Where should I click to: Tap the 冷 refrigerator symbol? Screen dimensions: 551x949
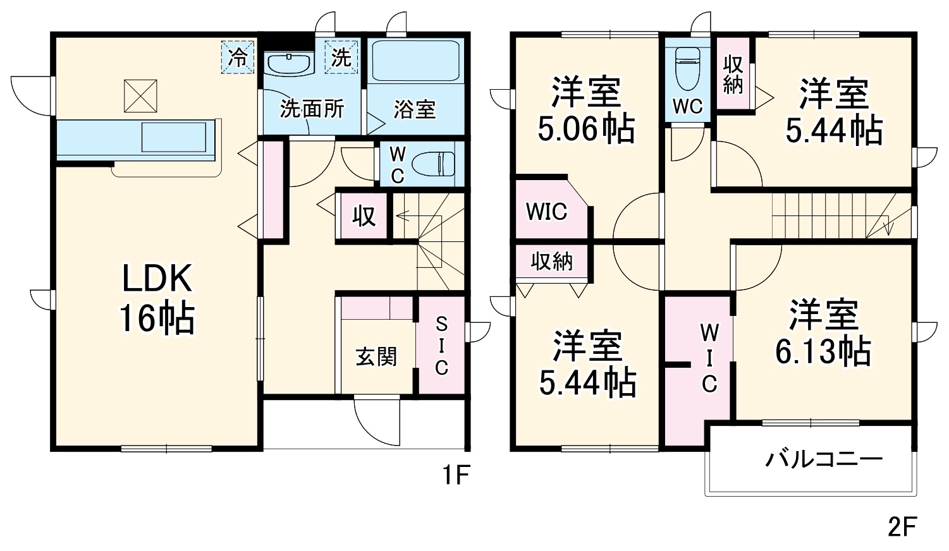[x=238, y=58]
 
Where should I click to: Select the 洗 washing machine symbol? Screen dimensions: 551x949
[x=341, y=58]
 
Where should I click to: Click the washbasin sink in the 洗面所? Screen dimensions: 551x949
[x=288, y=63]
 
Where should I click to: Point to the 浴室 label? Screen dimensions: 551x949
[x=414, y=109]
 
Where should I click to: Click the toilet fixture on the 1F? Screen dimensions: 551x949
[x=434, y=164]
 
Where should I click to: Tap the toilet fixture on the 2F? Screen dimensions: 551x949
[x=687, y=69]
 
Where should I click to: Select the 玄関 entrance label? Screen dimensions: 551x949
[x=376, y=357]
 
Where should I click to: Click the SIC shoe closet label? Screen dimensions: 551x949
[x=441, y=346]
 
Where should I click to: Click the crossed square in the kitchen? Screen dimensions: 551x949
[x=140, y=96]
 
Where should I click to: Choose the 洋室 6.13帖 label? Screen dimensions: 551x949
[x=823, y=333]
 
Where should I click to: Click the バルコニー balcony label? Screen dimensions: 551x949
[x=823, y=459]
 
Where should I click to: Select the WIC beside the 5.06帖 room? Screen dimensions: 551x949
[x=546, y=212]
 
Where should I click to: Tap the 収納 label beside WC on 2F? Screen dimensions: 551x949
[x=733, y=74]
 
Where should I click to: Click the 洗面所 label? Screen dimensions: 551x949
[x=312, y=109]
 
